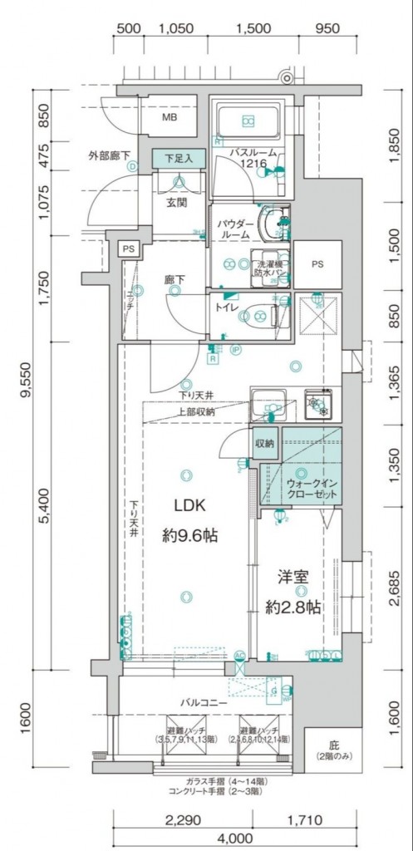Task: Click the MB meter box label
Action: coord(169,117)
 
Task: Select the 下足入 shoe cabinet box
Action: coord(176,158)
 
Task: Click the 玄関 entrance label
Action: coord(176,203)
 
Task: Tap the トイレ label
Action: coord(227,307)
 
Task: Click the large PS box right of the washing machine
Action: coord(317,263)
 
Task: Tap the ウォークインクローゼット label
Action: coord(312,488)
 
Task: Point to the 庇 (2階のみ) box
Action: coord(322,750)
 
